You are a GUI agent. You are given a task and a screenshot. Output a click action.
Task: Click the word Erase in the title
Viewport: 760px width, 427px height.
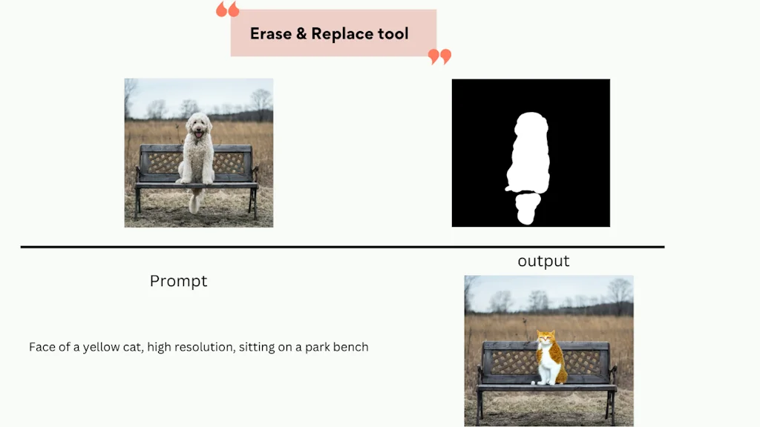pos(271,34)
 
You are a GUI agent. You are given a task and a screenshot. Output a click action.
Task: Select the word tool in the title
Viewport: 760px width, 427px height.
pos(393,34)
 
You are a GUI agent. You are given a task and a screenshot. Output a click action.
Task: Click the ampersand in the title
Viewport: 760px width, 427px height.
pos(301,34)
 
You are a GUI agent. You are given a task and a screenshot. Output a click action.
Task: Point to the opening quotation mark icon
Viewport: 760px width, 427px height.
pos(227,9)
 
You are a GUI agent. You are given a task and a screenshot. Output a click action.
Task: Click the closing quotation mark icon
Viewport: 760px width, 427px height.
pos(439,56)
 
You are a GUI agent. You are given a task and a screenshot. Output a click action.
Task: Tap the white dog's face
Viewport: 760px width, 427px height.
pos(198,126)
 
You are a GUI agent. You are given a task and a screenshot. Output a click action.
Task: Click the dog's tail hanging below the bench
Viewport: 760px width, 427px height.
pos(195,202)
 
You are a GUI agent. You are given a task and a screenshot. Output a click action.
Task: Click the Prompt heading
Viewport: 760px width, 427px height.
pos(178,281)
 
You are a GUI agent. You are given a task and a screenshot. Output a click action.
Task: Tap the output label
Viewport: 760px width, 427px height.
pos(543,261)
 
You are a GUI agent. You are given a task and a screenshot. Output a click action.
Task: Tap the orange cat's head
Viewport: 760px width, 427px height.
pos(546,337)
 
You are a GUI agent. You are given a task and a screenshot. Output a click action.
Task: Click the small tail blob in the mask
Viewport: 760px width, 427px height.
pos(528,208)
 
